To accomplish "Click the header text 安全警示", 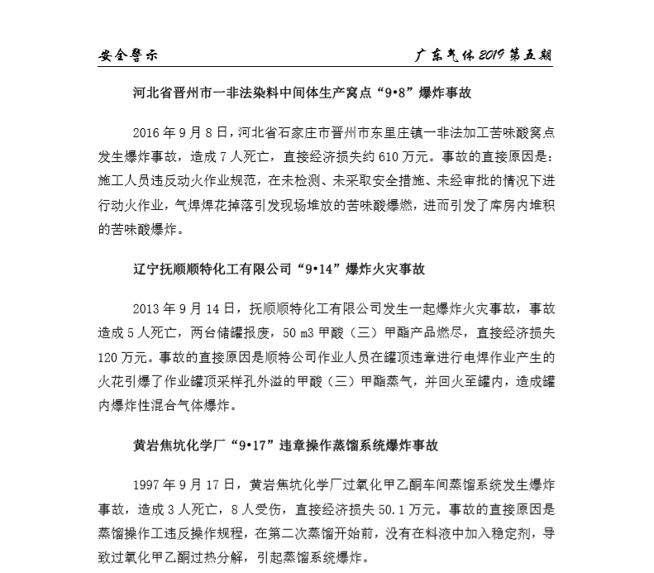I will tap(127, 56).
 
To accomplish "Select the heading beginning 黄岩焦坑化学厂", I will tap(284, 445).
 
